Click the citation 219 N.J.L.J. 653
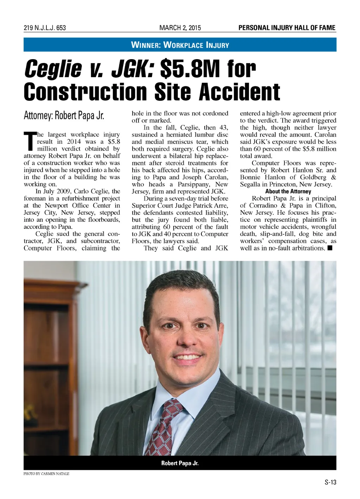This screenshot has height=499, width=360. pos(45,28)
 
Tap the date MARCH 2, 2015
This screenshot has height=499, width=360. pos(180,28)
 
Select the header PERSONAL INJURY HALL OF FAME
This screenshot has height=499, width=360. pos(287,28)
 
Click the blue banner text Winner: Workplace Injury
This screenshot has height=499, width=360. pos(180,45)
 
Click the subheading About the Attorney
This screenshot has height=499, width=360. pos(288,191)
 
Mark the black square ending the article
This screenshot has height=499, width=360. pos(329,248)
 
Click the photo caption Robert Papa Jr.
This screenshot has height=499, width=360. pos(180,463)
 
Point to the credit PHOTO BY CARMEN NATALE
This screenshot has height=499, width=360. pos(46,474)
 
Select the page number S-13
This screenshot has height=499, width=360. pos(330,482)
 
